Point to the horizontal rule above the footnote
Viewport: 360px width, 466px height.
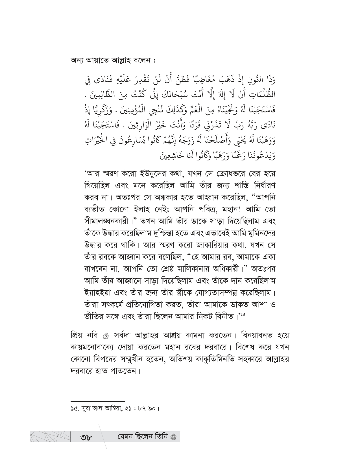(98, 401)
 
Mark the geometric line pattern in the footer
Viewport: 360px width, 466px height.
(50, 445)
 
